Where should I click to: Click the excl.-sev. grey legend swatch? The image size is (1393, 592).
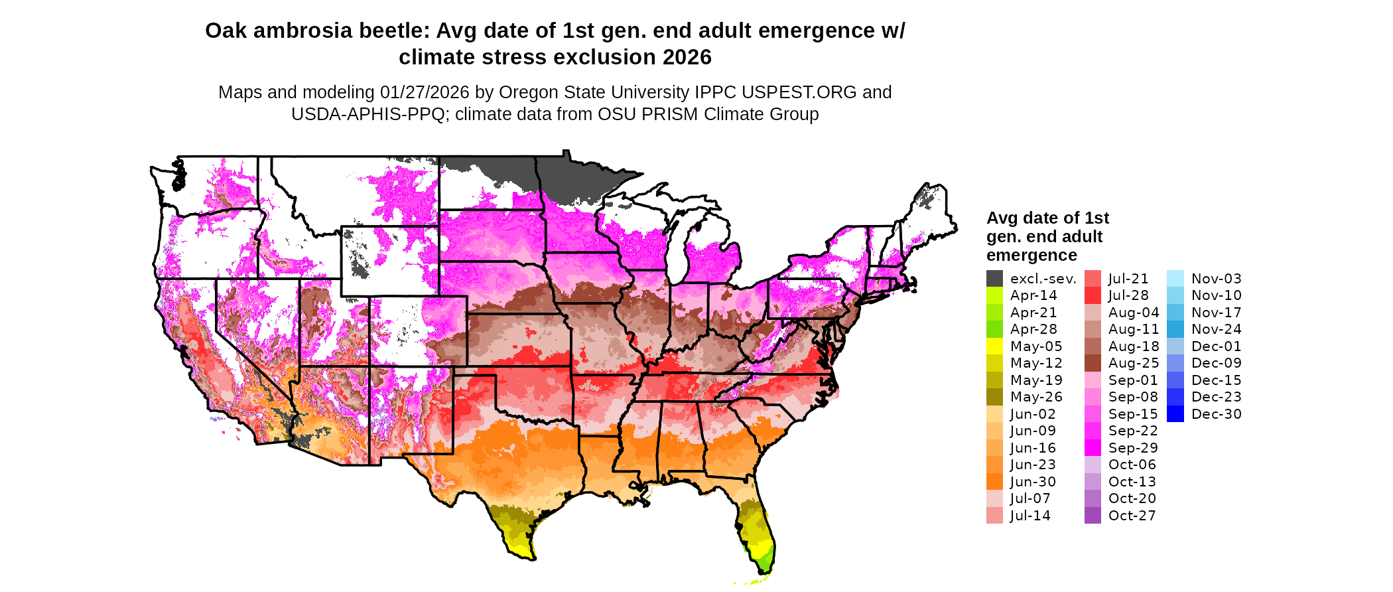994,279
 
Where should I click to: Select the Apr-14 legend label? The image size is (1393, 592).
1033,295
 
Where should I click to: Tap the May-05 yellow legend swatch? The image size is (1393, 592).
994,346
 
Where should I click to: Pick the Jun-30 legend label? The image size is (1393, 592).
1033,482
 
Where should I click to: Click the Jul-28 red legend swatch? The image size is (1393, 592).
1093,295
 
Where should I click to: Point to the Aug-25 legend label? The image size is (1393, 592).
1134,363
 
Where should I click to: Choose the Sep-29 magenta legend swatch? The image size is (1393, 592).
1093,448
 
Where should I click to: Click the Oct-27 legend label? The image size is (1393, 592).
1132,516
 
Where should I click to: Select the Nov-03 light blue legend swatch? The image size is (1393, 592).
1175,279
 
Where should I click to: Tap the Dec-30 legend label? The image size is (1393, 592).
1216,414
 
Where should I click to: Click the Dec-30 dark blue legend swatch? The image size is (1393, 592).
1175,414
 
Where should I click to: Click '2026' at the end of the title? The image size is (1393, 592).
687,58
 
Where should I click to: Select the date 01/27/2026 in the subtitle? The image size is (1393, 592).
425,92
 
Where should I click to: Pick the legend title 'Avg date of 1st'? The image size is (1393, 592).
1047,218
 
